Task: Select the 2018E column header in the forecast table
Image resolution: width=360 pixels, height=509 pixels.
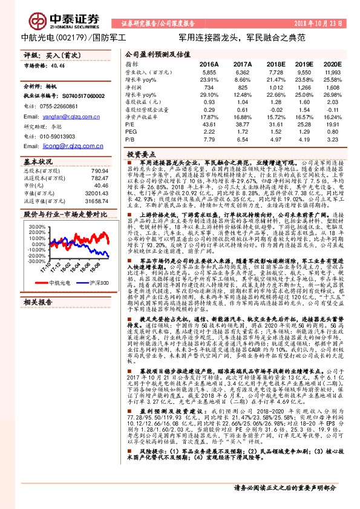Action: pyautogui.click(x=276, y=63)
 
